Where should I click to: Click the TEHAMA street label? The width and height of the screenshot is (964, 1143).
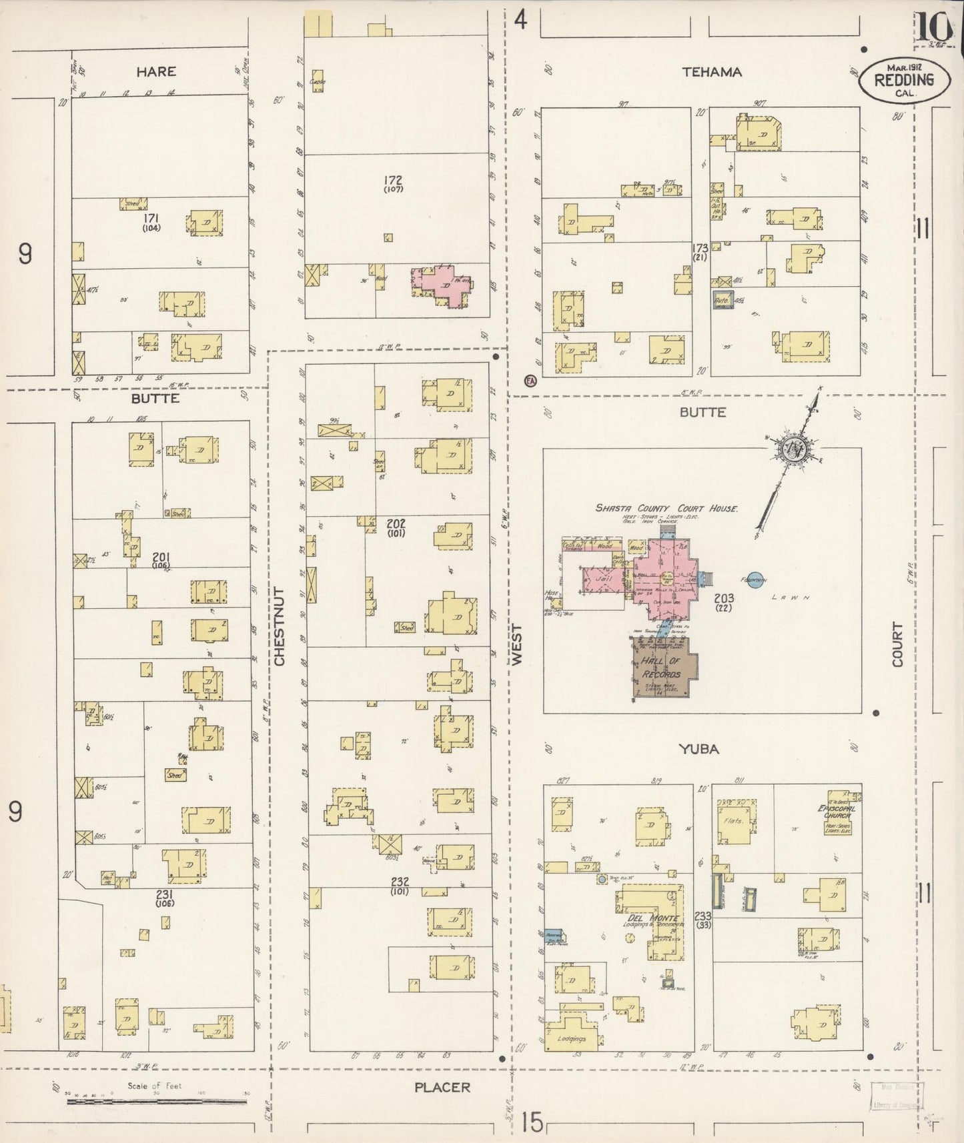point(712,72)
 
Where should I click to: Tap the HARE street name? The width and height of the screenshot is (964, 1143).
point(156,71)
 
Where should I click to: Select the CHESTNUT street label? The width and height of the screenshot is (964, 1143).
point(279,626)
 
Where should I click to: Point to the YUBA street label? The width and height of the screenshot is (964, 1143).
point(698,749)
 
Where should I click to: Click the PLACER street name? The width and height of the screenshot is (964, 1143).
point(442,1087)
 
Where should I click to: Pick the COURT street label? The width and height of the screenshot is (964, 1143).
point(897,644)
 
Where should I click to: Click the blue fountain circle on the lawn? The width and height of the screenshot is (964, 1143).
point(755,580)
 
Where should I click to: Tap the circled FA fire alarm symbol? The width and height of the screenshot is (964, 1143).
point(531,381)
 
